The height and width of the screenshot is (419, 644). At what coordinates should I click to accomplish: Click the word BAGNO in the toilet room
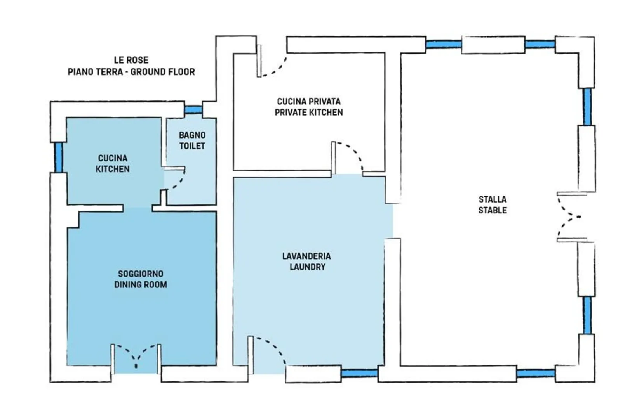(192, 135)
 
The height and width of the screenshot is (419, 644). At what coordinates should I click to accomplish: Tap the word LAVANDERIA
(306, 256)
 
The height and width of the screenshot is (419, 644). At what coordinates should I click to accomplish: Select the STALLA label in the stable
(493, 199)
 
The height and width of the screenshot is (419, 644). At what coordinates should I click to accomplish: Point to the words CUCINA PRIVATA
(309, 101)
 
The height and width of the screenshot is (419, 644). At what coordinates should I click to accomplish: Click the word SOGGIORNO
(141, 274)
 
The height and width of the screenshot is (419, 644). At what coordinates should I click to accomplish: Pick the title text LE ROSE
(131, 60)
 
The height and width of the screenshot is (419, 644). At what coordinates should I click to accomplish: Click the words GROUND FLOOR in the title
(163, 72)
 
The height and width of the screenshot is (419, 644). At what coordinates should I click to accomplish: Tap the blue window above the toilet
(193, 109)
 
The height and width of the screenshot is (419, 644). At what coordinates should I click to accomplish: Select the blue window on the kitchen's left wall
(59, 158)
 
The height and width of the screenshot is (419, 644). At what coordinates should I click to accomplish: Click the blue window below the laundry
(359, 373)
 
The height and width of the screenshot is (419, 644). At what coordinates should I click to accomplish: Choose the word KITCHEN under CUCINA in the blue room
(112, 169)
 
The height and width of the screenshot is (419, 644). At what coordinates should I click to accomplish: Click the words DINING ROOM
(141, 285)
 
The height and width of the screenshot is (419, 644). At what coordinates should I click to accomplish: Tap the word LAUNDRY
(307, 267)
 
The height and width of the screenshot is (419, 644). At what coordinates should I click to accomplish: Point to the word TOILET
(192, 146)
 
